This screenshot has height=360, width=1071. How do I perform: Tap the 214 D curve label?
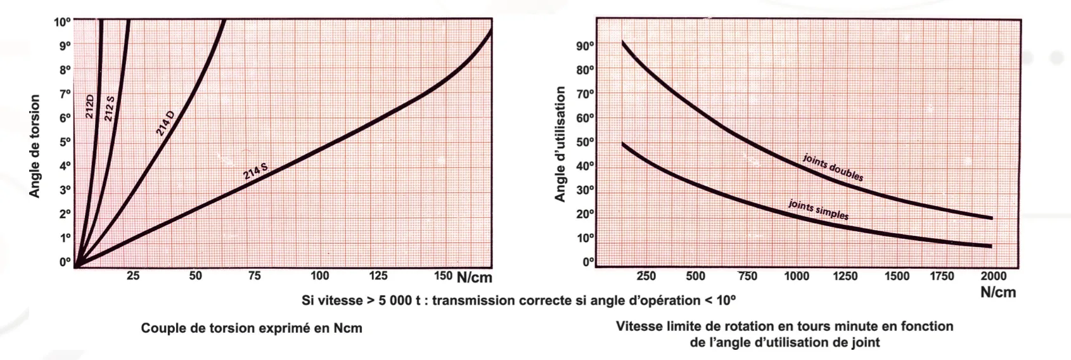pyautogui.click(x=165, y=123)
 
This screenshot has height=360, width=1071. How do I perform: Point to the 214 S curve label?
pyautogui.click(x=255, y=171)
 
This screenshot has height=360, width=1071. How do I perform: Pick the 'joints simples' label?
pyautogui.click(x=818, y=210)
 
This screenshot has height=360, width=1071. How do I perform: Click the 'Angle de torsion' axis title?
pyautogui.click(x=35, y=146)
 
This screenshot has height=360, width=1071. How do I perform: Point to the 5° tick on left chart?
pyautogui.click(x=64, y=142)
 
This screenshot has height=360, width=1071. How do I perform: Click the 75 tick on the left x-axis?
pyautogui.click(x=254, y=276)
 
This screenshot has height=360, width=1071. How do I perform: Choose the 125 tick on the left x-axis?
pyautogui.click(x=378, y=276)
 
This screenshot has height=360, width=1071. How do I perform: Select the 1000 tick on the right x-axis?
pyautogui.click(x=796, y=276)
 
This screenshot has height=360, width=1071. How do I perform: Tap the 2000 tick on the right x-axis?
pyautogui.click(x=993, y=276)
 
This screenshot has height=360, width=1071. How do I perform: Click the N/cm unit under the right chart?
pyautogui.click(x=997, y=292)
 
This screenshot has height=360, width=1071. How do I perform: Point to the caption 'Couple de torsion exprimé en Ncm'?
pyautogui.click(x=252, y=328)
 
